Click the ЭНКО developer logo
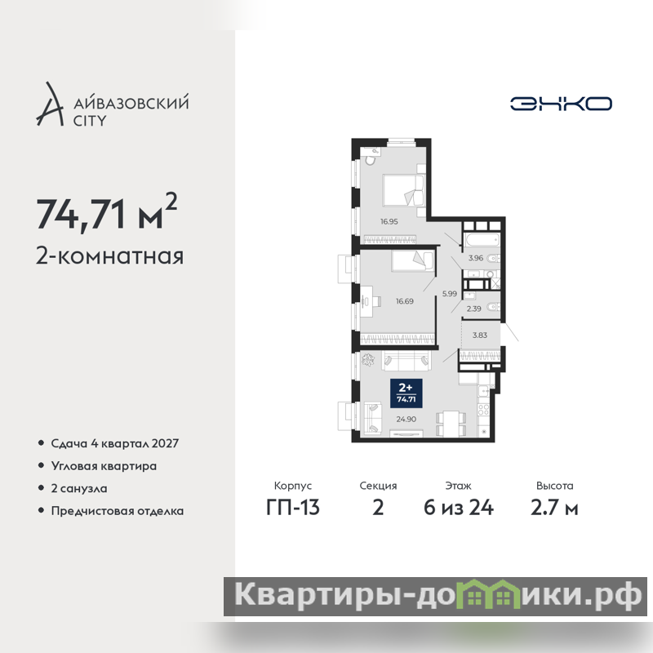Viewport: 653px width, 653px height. tap(561, 104)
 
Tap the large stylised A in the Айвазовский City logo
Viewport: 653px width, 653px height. tap(50, 104)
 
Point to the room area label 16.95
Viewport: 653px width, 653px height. tap(389, 221)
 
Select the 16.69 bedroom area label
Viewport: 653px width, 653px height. tap(404, 301)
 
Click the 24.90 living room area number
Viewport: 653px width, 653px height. tap(406, 419)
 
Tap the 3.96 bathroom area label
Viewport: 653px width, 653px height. tap(476, 258)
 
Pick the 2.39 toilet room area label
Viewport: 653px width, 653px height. tap(474, 309)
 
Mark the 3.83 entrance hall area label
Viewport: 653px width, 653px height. tap(480, 335)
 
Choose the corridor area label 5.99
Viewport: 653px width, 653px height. tap(450, 294)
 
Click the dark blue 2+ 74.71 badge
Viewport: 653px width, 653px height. tap(406, 393)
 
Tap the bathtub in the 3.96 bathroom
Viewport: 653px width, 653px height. tap(482, 240)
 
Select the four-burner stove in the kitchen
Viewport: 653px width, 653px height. tap(483, 409)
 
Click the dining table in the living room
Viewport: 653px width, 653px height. tap(451, 424)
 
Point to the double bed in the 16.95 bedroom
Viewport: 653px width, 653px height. tap(403, 190)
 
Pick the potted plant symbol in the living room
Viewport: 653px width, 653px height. tap(368, 359)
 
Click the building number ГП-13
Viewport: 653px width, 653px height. tap(293, 508)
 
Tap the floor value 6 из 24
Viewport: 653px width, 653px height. tap(459, 508)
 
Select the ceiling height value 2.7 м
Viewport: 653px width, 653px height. tap(554, 508)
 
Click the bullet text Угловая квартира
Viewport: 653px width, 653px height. tap(104, 466)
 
